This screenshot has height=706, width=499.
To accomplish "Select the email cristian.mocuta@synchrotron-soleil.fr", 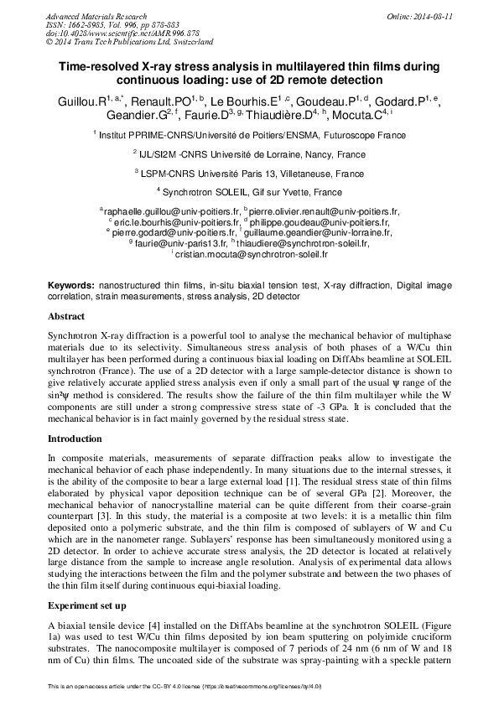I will coord(251,252).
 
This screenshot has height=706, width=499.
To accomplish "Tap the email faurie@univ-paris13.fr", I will coord(173,242).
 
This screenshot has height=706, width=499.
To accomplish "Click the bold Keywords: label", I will coord(71,286).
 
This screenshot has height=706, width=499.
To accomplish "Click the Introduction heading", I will coord(75,439).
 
